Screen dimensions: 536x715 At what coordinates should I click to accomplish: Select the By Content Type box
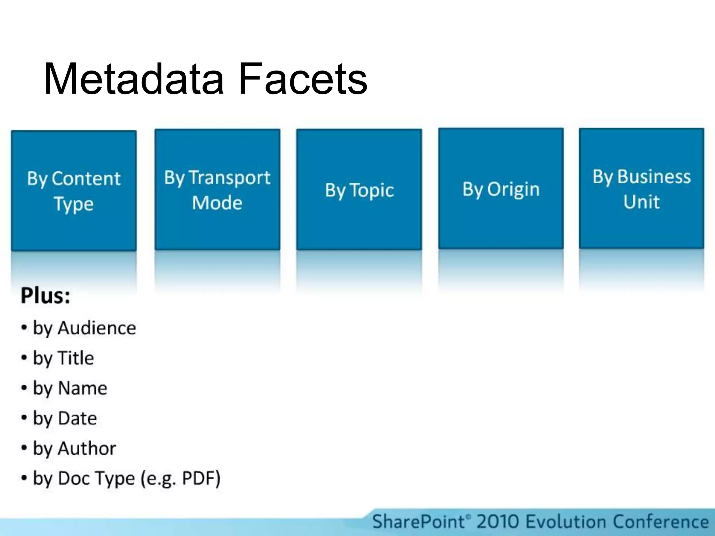(x=74, y=191)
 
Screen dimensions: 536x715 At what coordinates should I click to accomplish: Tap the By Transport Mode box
(x=217, y=189)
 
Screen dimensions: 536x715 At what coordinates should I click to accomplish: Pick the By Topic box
(x=359, y=189)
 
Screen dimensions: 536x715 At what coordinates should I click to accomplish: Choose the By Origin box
(x=501, y=189)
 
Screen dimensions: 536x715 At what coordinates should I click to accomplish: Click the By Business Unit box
(x=641, y=188)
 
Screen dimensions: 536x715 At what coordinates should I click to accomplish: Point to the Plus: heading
(x=45, y=296)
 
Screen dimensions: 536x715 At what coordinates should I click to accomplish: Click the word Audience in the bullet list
(x=97, y=328)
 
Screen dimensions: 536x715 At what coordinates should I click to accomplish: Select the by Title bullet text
(x=64, y=358)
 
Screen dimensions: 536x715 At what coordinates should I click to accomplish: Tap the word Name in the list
(x=82, y=388)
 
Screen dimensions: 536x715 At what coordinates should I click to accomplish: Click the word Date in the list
(x=77, y=418)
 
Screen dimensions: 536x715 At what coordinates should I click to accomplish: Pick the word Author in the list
(x=87, y=448)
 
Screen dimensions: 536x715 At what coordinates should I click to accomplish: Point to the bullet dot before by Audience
(x=24, y=328)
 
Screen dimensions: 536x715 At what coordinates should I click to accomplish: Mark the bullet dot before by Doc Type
(x=24, y=478)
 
